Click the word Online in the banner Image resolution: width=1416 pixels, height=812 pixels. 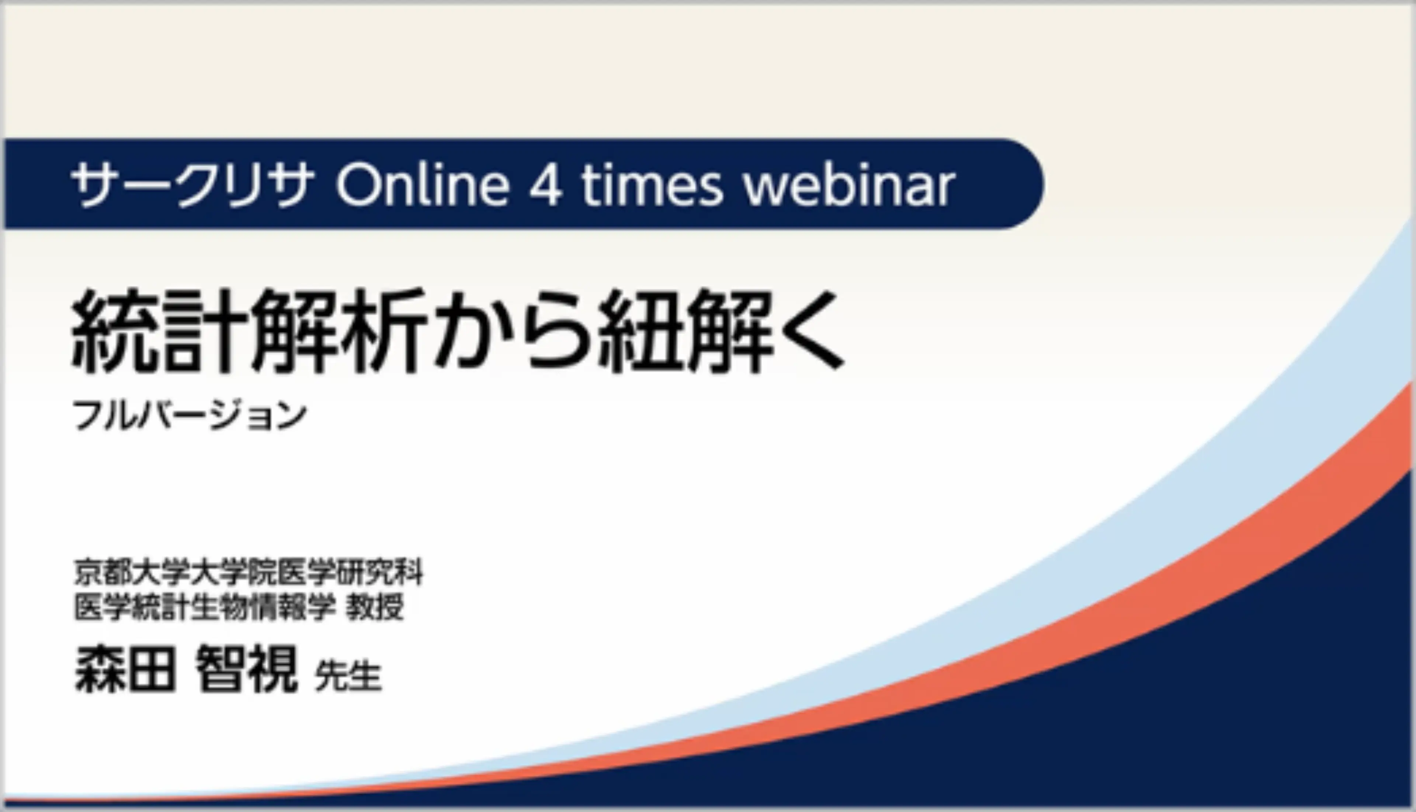[x=423, y=185]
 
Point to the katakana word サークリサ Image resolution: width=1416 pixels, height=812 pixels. [x=192, y=186]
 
